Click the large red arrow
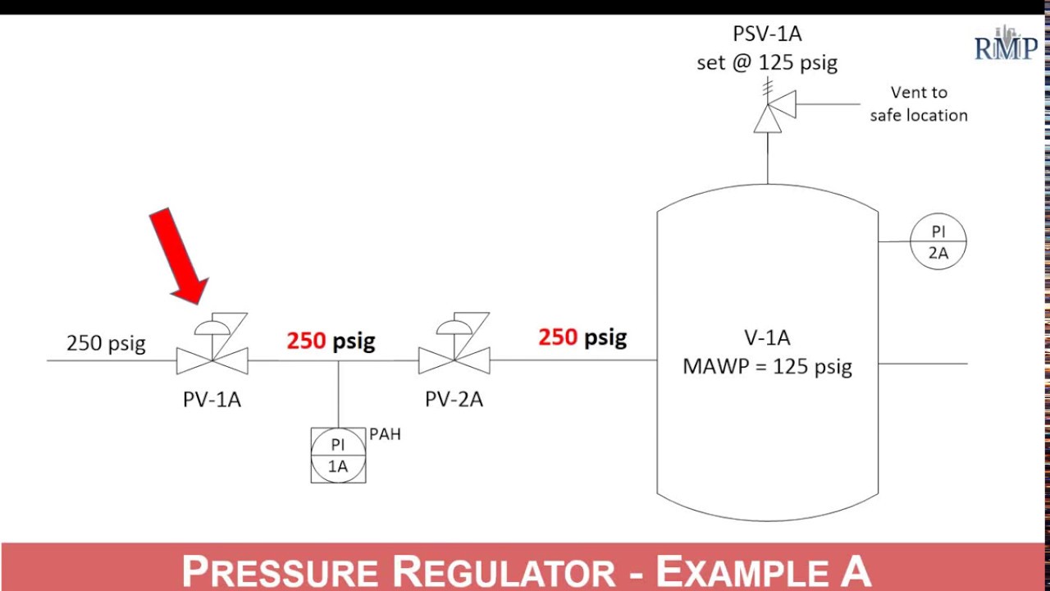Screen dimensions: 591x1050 [178, 257]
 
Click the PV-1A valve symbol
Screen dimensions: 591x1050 [212, 359]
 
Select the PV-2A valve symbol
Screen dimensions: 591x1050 [454, 359]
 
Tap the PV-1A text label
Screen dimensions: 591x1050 [212, 400]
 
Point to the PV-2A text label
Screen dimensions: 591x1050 [454, 400]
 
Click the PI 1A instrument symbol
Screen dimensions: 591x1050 [338, 456]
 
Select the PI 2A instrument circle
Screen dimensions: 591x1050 [938, 242]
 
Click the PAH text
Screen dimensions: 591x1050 [385, 434]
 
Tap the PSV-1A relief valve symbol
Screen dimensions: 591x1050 [769, 116]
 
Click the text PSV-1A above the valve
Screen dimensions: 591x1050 [767, 35]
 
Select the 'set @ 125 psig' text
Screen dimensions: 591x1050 [767, 63]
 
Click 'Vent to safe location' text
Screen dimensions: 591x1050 [919, 104]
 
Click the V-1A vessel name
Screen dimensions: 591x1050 [767, 337]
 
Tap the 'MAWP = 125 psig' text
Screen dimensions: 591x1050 [767, 366]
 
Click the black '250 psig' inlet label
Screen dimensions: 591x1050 [106, 342]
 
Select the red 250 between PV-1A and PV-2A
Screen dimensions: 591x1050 [306, 341]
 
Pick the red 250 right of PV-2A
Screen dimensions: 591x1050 [558, 337]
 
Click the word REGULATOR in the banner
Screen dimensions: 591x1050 [503, 571]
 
